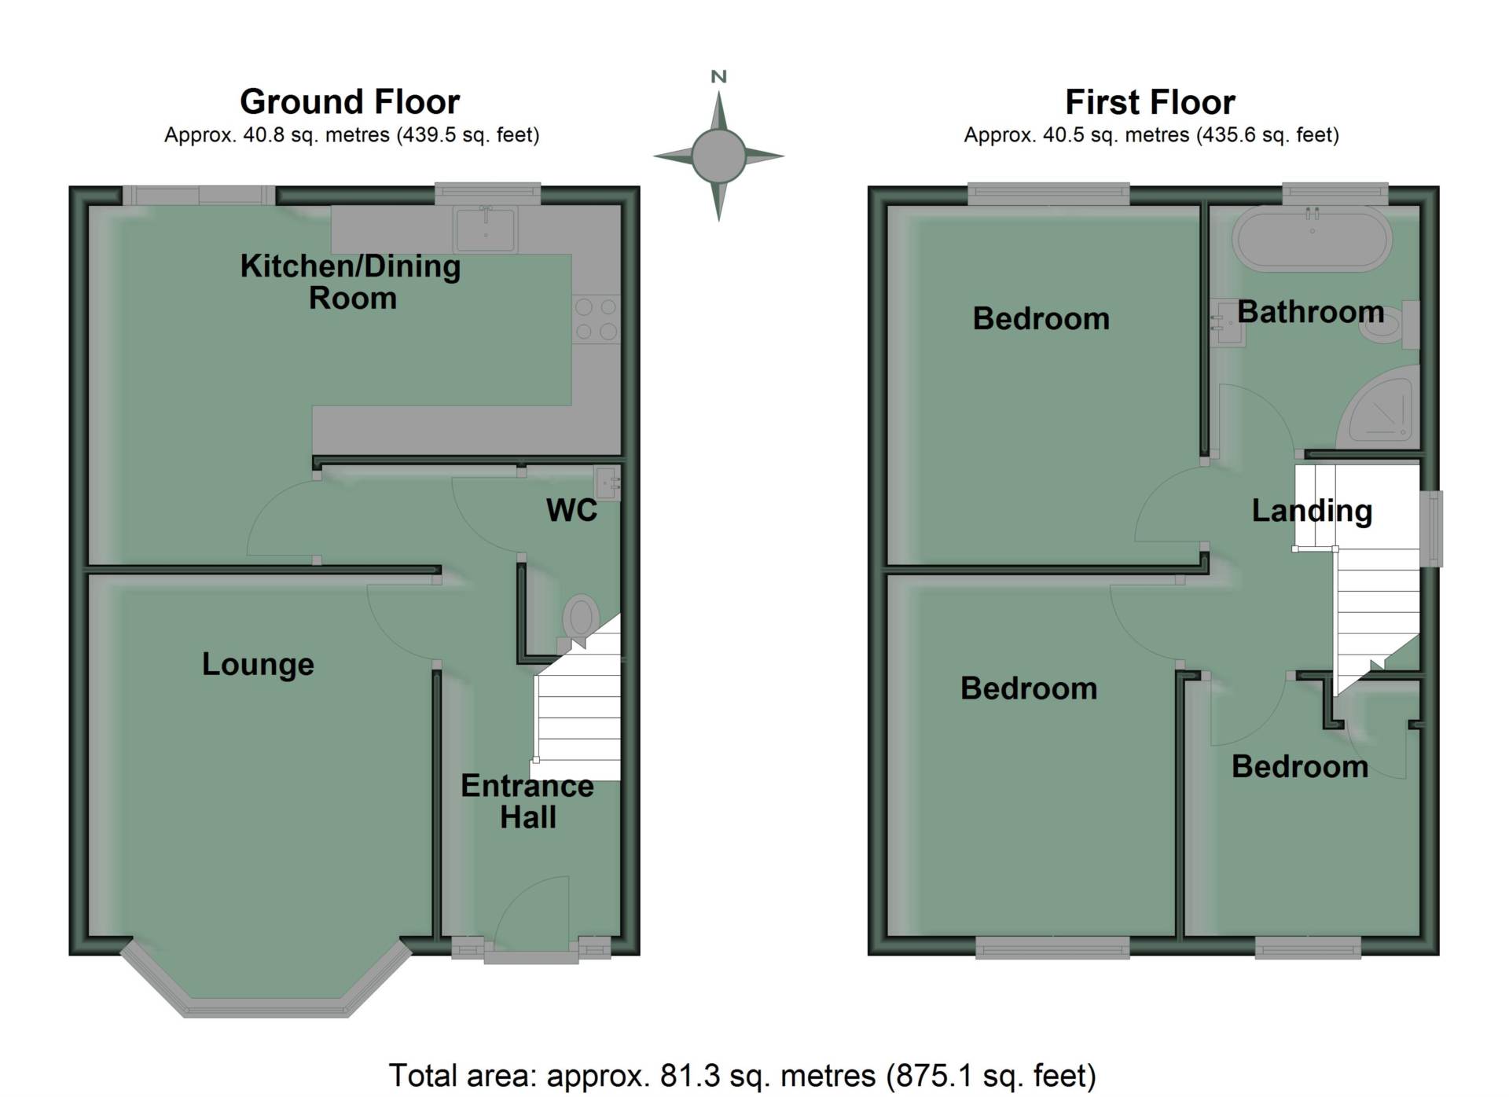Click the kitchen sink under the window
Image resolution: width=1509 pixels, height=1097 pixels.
(x=486, y=229)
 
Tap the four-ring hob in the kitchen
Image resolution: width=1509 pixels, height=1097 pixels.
(x=597, y=319)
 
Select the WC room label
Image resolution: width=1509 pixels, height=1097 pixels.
(x=571, y=511)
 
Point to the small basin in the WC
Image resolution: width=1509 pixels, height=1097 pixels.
(x=608, y=483)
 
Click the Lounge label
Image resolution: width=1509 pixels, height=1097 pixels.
(x=258, y=665)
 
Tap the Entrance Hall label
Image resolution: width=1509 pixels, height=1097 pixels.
(x=527, y=802)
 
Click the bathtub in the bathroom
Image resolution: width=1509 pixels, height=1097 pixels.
(x=1312, y=239)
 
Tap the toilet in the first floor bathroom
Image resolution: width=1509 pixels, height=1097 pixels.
(x=1391, y=325)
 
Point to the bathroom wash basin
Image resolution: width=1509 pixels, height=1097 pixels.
(x=1226, y=323)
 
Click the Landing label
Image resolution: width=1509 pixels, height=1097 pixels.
(x=1312, y=511)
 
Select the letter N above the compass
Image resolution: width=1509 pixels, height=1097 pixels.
(x=718, y=77)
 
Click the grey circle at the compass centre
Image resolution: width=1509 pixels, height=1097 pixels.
(x=718, y=156)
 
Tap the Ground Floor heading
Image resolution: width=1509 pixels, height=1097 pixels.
(x=350, y=101)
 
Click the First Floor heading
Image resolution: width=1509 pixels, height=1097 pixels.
(x=1150, y=102)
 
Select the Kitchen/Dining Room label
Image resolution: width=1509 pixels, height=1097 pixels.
(x=351, y=282)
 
